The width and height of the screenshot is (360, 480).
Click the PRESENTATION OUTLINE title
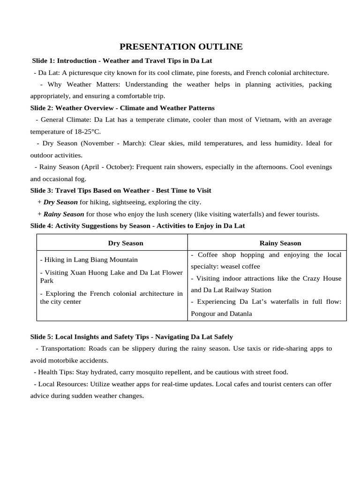click(x=181, y=46)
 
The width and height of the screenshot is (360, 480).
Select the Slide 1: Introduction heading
click(x=122, y=61)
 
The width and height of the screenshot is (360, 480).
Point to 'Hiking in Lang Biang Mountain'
click(x=89, y=259)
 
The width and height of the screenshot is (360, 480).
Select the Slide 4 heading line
click(x=137, y=225)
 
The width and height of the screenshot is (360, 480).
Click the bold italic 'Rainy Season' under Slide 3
click(x=64, y=214)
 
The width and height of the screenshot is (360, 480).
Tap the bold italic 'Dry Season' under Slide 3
click(x=60, y=202)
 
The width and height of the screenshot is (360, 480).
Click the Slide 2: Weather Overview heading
click(x=122, y=108)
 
